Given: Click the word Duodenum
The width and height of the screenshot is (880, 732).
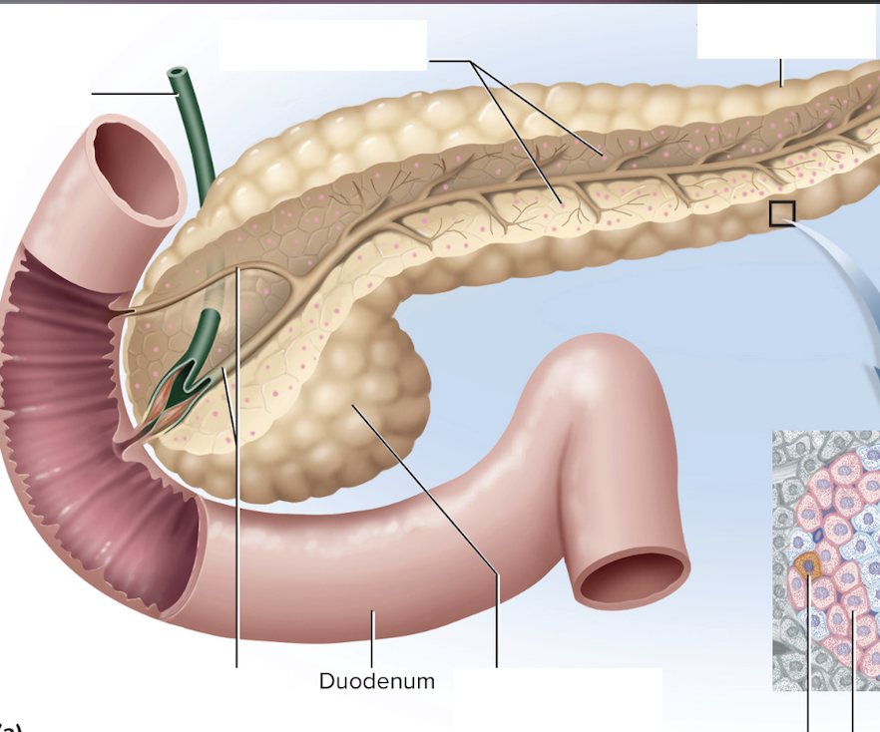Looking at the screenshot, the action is point(376,682).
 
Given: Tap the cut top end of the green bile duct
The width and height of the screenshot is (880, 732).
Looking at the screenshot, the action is point(179,74).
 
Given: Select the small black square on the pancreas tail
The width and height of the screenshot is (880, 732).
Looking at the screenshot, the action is point(782,213).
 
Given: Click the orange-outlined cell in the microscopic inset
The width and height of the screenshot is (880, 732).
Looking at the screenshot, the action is point(807,566).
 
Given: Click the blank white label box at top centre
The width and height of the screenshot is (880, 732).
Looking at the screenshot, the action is point(321,45).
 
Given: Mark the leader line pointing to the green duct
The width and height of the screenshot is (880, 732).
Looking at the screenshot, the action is point(132,94).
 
